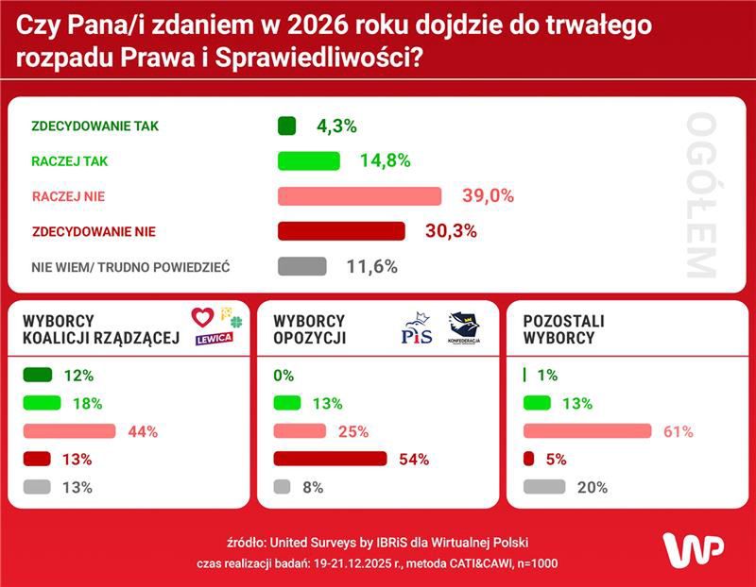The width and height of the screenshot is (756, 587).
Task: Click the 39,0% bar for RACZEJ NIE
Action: coord(359,196)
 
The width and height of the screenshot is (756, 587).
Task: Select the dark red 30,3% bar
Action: coord(341,231)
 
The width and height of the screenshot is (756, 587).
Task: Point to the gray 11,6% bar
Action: coord(302,266)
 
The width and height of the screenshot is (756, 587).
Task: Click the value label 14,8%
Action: coord(385,160)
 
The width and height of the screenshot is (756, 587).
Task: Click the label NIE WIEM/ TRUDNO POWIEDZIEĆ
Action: coord(130,267)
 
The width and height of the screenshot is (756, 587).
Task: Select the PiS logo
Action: coord(417,330)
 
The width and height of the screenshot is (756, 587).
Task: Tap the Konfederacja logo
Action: coord(464,328)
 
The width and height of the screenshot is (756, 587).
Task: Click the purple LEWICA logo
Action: coord(215,339)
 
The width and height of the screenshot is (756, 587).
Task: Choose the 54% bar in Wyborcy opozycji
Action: coord(330,460)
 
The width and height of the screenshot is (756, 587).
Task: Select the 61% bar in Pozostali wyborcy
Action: coord(587,431)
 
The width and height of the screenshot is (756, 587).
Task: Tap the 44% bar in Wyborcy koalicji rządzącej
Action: coord(73,431)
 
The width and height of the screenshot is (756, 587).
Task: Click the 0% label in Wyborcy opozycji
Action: coord(283,376)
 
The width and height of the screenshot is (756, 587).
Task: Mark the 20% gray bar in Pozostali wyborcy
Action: coord(543,488)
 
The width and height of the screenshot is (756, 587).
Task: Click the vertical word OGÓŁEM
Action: coord(701,195)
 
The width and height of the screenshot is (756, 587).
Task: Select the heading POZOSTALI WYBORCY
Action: coord(563,329)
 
